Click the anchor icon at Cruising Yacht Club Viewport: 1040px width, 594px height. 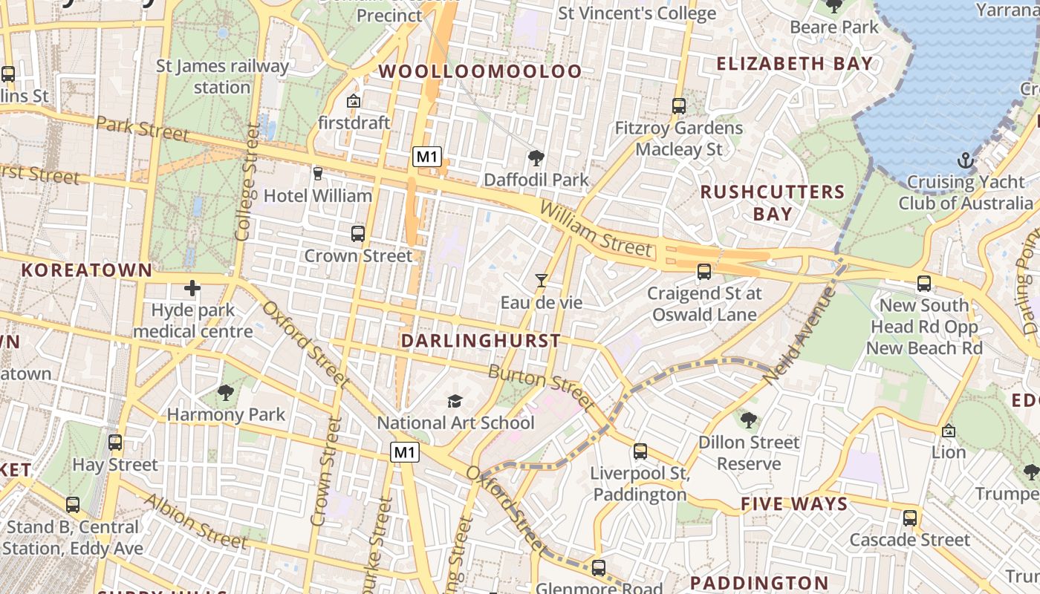(964, 160)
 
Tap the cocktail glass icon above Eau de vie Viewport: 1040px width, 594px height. (542, 281)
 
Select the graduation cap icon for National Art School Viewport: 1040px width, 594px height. (455, 401)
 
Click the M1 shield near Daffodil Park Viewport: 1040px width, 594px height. (427, 157)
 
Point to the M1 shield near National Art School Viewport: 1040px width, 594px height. (405, 451)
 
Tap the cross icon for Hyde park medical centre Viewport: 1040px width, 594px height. (192, 288)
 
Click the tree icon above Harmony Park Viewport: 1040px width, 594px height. (225, 393)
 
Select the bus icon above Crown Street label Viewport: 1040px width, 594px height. (357, 234)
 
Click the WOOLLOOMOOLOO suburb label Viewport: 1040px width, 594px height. (481, 71)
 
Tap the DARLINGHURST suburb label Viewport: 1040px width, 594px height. (481, 341)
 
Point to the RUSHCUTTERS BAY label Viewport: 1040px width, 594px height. (773, 203)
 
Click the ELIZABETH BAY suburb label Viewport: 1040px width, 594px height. (794, 64)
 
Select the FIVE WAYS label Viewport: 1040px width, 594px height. (794, 504)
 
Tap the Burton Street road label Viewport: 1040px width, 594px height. (541, 388)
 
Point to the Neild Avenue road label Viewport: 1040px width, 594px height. (799, 335)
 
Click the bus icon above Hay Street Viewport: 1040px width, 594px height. (114, 443)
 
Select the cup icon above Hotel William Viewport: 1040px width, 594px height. (318, 174)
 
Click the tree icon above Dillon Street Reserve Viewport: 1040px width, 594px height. (749, 420)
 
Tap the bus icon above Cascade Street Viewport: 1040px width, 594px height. (909, 518)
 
